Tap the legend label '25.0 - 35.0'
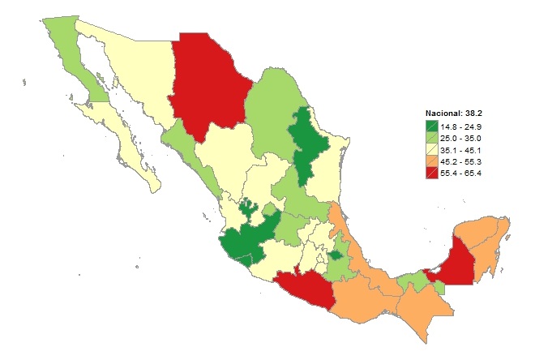(x=461, y=138)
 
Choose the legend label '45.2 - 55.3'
(x=461, y=162)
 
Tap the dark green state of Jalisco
(x=247, y=239)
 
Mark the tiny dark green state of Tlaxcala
(x=335, y=255)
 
